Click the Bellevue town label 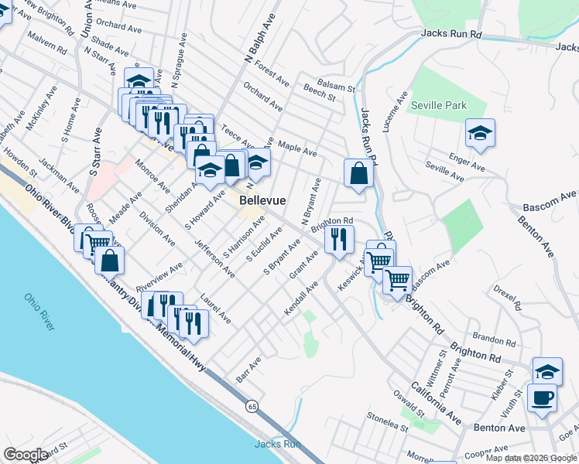coord(262,200)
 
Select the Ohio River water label coord(38,312)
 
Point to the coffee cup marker coord(542,399)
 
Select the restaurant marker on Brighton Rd coord(339,240)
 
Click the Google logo coord(26,455)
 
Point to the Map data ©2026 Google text coord(531,458)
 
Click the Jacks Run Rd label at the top coord(451,34)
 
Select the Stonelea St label coord(387,422)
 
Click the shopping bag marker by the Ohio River coord(109,260)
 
